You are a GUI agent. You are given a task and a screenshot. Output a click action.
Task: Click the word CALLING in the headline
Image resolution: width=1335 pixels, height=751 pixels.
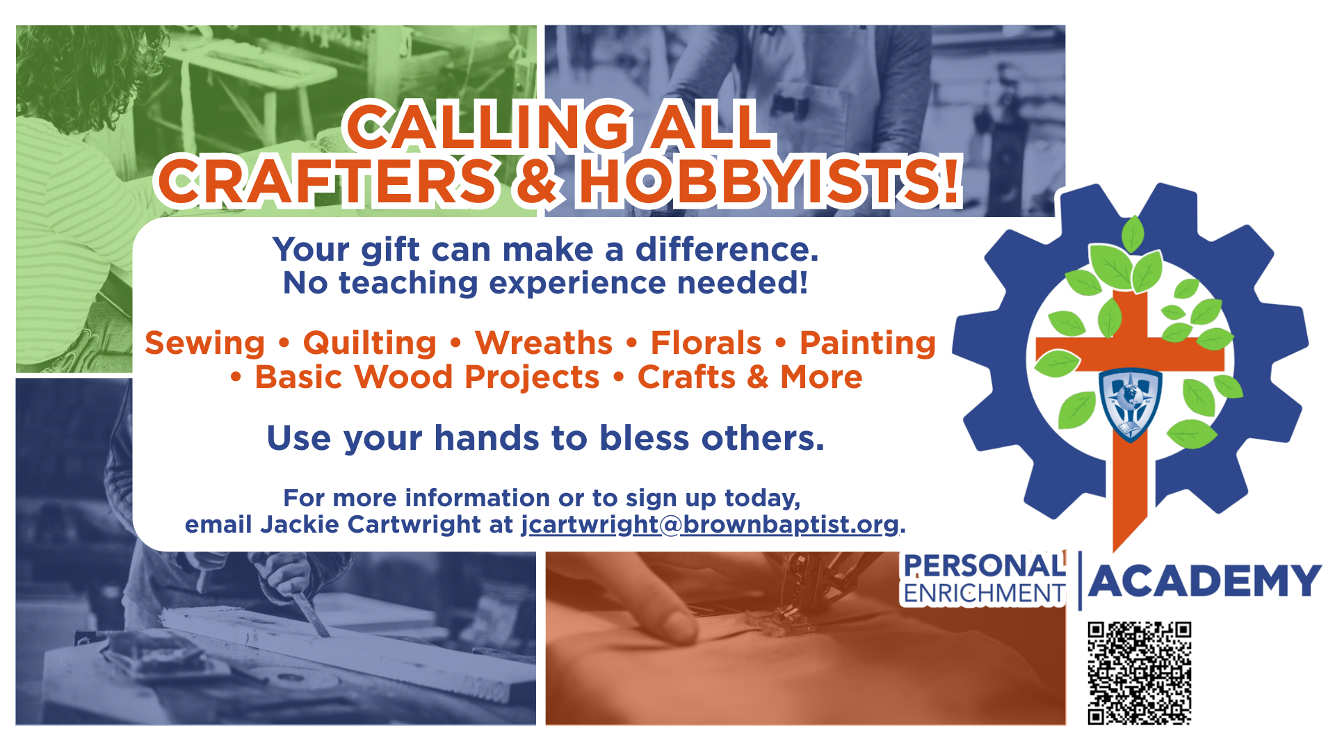point(487,126)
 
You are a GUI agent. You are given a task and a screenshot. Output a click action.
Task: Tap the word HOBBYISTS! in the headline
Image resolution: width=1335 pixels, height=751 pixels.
point(770,182)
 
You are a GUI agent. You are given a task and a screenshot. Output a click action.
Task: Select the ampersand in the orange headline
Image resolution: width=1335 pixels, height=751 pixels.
point(537,182)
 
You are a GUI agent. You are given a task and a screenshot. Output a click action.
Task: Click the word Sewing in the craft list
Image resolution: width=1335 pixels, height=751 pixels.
point(205,344)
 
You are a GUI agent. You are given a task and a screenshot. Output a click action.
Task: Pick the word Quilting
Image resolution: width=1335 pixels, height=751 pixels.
point(370,344)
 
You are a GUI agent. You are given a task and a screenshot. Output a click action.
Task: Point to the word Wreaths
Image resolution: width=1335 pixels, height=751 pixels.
point(544,343)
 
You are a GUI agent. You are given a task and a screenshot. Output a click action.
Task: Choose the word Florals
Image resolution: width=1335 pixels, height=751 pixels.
point(706,343)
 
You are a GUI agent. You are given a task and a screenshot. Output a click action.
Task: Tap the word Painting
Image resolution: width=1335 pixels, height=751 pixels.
point(868,344)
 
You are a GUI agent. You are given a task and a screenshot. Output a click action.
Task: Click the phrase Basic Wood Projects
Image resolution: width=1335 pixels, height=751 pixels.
point(427,378)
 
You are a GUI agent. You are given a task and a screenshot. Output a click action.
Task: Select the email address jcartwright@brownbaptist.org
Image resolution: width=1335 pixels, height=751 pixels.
point(710,525)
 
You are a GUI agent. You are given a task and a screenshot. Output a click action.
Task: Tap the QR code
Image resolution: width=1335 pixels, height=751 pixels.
point(1140,673)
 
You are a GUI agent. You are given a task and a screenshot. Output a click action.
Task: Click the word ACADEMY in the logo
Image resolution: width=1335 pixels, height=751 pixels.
point(1205,581)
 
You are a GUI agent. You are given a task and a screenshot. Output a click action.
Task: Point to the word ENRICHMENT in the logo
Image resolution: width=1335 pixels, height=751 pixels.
point(984,593)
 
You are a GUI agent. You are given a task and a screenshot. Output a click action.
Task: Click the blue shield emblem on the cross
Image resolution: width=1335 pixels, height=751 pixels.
point(1130,404)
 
